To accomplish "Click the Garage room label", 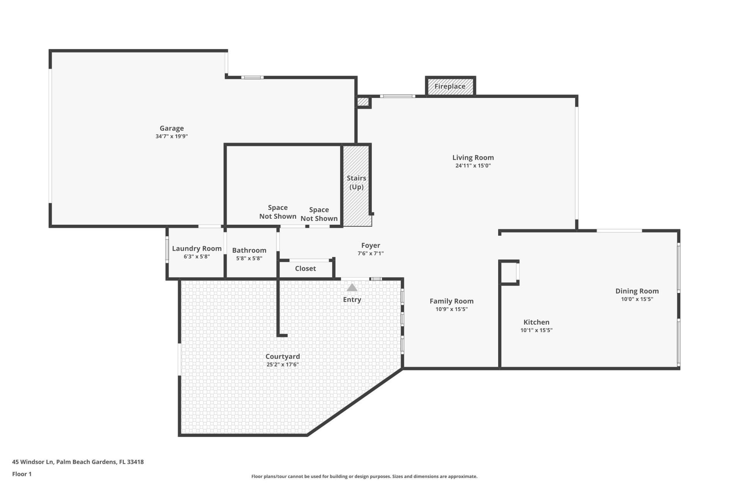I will point(172,128).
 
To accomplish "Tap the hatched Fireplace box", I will point(450,86).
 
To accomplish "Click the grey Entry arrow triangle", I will point(352,288).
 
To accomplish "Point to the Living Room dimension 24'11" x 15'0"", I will point(473,166).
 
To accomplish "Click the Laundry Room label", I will point(197,248).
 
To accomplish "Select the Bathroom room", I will point(249,253).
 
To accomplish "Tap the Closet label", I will point(305,268).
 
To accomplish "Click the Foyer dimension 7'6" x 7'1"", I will point(371,253).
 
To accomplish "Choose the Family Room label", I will point(451,301).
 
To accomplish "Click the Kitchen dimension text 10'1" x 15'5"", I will point(536,330).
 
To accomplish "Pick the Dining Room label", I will point(637,291).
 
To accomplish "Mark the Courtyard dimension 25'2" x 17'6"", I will point(282,364).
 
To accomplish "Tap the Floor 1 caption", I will point(22,474).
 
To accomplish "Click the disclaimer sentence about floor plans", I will point(364,477).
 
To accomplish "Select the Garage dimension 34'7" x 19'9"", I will point(172,136).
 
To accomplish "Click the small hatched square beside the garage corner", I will point(363,102).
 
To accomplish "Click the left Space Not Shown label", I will point(278,212).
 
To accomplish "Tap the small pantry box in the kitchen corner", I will point(509,272).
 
